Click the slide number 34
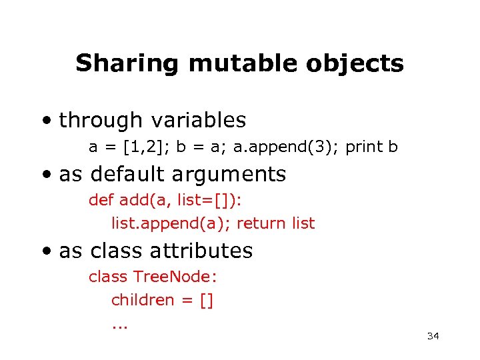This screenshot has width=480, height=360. pyautogui.click(x=433, y=336)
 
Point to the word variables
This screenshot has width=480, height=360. pyautogui.click(x=199, y=121)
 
